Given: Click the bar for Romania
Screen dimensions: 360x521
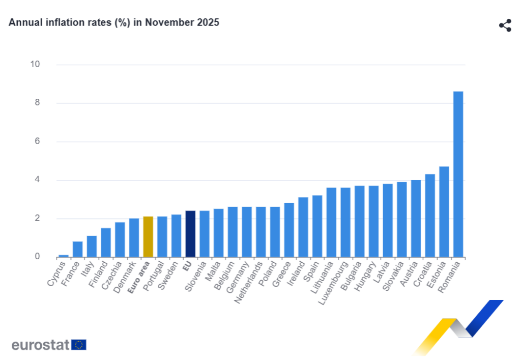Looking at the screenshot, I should [x=458, y=174].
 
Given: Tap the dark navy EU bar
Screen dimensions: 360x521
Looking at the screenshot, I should [x=190, y=234].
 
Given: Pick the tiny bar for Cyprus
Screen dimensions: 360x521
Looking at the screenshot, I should [x=64, y=256].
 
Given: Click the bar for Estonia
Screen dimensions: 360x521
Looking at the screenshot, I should [x=444, y=211].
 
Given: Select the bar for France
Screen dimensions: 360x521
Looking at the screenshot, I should [x=77, y=249].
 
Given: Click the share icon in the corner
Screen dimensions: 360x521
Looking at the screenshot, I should [x=505, y=25].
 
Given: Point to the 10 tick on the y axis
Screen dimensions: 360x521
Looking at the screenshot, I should [x=35, y=64].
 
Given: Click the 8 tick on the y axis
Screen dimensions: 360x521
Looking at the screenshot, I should [x=37, y=103].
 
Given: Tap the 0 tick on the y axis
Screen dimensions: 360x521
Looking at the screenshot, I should [x=37, y=257].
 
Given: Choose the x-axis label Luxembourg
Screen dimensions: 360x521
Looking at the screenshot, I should [x=333, y=283].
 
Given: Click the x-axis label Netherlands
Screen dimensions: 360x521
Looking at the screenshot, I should [x=249, y=283].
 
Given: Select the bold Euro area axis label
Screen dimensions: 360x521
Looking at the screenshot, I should [x=139, y=278].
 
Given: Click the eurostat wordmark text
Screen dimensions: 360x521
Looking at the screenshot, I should [x=40, y=345].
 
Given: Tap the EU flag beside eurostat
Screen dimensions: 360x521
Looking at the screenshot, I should [x=79, y=345].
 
